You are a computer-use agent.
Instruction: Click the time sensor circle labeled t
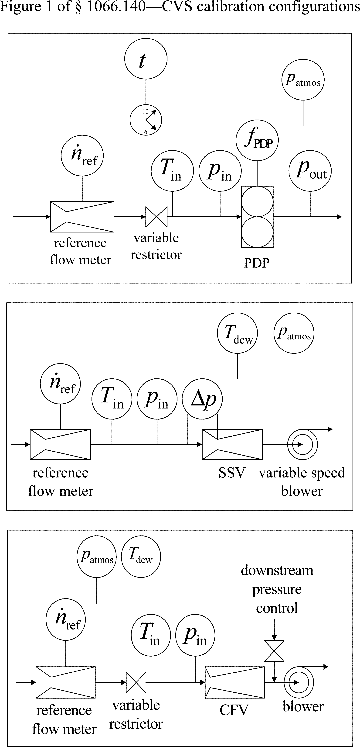146,59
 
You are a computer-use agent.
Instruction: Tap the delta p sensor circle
202,399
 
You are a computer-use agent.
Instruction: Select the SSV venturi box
232,444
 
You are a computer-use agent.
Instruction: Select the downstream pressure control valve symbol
274,651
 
